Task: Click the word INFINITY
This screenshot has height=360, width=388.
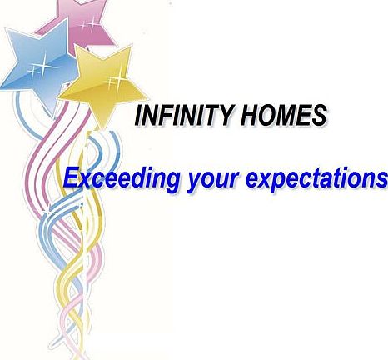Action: [183, 115]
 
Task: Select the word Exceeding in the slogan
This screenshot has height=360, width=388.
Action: [121, 179]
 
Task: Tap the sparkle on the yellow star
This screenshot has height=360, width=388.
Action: [114, 80]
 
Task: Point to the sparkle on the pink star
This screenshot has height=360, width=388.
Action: [89, 22]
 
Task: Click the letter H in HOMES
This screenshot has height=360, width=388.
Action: [249, 115]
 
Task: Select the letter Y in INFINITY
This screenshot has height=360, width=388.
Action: [224, 115]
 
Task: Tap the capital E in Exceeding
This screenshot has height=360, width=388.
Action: [71, 177]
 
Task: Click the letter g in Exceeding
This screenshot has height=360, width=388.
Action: [170, 182]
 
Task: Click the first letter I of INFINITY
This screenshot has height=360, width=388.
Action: [139, 115]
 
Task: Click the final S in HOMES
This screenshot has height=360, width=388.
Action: [318, 115]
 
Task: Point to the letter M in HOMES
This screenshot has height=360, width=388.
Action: [285, 115]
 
